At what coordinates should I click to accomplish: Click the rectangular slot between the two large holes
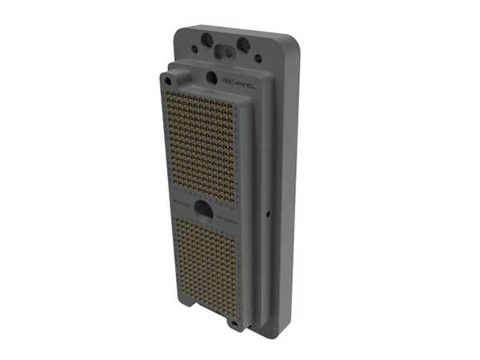tap(226, 50)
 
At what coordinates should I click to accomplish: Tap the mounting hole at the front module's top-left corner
tap(168, 78)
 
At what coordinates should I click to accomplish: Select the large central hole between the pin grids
tap(205, 210)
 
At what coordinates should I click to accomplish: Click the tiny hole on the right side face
tap(266, 214)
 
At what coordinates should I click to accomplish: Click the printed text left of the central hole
tap(180, 206)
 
